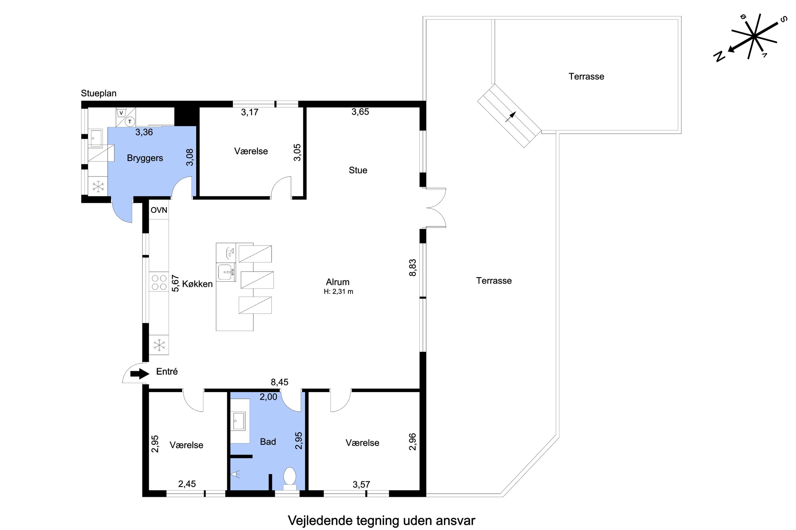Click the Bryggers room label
[x=145, y=158]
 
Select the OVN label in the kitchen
[x=159, y=210]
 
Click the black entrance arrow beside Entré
[x=140, y=373]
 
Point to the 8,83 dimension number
[x=413, y=268]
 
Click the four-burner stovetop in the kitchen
[x=159, y=282]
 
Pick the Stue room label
[x=358, y=170]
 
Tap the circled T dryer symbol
[x=130, y=121]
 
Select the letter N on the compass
[x=719, y=56]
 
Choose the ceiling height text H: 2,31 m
[x=338, y=291]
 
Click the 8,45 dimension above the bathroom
[x=280, y=382]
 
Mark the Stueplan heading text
[x=99, y=93]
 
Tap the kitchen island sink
[x=226, y=272]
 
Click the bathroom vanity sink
[x=239, y=421]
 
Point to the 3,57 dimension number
[x=361, y=484]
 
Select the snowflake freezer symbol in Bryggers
[x=98, y=186]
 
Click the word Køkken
[x=197, y=284]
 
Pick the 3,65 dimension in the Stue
[x=360, y=112]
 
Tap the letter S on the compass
[x=784, y=19]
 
